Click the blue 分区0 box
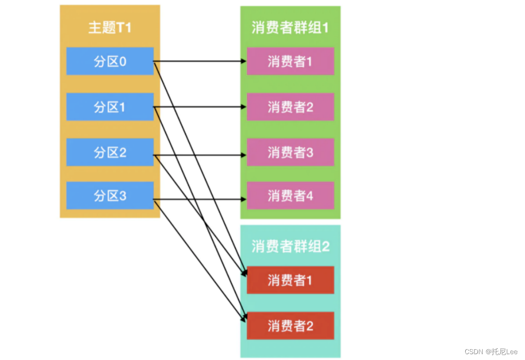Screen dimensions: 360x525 (110, 61)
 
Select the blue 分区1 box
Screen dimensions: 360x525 (110, 107)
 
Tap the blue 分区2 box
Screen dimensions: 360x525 (110, 153)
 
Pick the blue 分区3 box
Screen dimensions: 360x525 (110, 196)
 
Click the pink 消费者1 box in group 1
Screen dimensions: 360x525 (290, 61)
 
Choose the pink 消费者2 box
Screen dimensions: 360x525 (290, 107)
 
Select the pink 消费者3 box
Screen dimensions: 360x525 (290, 153)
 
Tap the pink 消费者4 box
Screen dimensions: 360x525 (290, 196)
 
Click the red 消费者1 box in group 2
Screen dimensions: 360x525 (290, 280)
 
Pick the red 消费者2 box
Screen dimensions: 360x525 (290, 326)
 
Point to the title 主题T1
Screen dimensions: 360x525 (110, 27)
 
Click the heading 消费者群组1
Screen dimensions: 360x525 (290, 27)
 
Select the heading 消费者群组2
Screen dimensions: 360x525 (290, 246)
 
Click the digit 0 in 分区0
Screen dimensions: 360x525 (122, 62)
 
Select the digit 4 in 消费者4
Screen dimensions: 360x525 (309, 196)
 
